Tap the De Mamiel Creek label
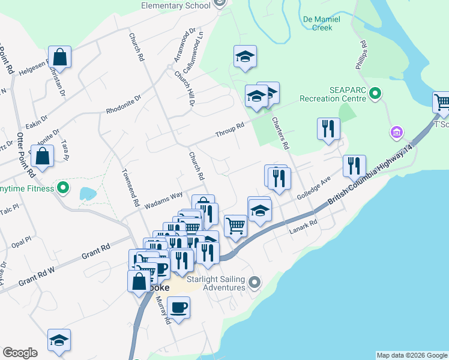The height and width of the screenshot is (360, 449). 322,23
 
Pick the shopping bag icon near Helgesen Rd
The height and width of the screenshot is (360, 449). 60,58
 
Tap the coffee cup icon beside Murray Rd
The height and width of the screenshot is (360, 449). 178,308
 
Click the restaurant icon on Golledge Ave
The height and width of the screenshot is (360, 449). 354,166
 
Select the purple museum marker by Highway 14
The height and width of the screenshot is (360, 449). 396,131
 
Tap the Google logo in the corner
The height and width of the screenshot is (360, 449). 20,353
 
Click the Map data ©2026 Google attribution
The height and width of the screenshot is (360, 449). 411,355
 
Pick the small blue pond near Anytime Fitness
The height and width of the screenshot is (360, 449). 88,194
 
